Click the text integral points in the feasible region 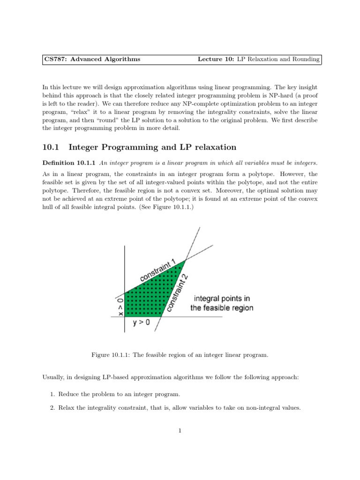(x=221, y=303)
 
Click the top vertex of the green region (x=186, y=259)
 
